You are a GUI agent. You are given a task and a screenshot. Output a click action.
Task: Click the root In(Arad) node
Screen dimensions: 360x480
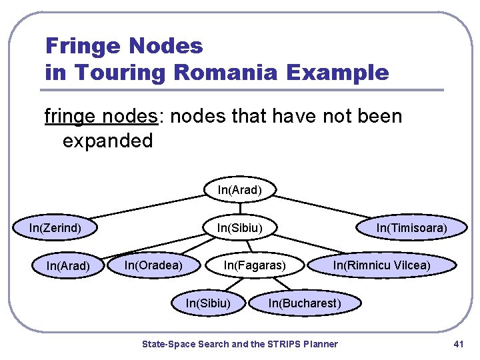240,190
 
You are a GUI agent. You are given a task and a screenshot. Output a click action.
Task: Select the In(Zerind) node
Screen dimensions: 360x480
55,228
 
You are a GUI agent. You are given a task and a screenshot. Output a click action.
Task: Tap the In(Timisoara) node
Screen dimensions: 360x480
411,228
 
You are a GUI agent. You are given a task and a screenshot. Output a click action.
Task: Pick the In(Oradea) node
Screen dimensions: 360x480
154,265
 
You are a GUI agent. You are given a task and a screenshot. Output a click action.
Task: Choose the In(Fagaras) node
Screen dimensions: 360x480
255,265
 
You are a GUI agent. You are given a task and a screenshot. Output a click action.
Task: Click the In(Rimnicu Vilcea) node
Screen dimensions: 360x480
382,265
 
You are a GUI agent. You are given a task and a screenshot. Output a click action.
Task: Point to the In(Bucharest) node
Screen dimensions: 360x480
304,304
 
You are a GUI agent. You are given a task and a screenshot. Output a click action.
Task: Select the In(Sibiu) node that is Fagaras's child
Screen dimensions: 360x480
208,304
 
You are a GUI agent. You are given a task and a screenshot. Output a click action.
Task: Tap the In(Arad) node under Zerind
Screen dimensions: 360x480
68,266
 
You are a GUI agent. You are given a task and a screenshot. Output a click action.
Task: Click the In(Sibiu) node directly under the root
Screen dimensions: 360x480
240,228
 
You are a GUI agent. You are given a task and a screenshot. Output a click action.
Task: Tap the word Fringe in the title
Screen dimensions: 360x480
82,46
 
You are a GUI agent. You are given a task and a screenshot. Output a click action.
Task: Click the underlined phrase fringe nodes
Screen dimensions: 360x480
101,117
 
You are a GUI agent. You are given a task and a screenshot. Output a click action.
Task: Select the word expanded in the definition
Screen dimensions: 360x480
108,141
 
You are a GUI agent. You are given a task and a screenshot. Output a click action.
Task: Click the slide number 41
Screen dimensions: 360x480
457,344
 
